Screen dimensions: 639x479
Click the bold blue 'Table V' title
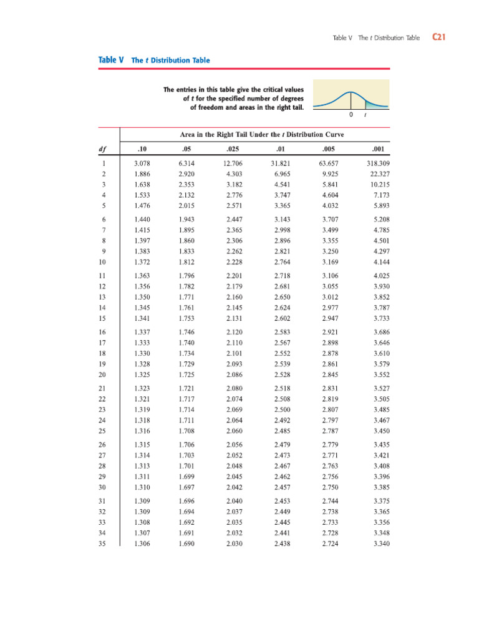[x=111, y=61]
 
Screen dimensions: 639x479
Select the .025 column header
[x=233, y=149]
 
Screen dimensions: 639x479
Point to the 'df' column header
[x=102, y=149]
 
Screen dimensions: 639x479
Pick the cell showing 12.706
[x=233, y=163]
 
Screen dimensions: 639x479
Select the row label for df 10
[x=102, y=261]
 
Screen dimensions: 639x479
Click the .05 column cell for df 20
[x=185, y=374]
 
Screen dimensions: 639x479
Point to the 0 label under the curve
[x=351, y=115]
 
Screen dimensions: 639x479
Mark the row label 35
[x=102, y=544]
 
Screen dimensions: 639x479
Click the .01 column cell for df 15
[x=282, y=318]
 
